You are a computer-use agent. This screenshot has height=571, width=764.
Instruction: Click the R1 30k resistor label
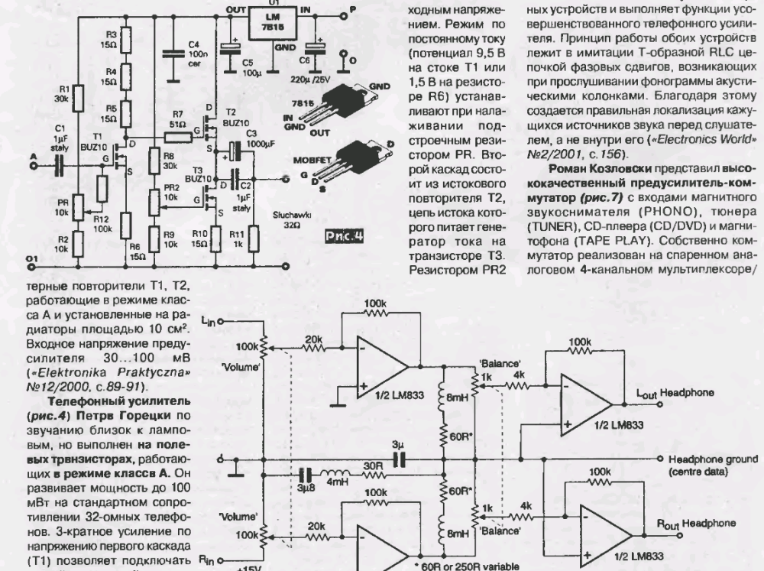pos(61,92)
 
